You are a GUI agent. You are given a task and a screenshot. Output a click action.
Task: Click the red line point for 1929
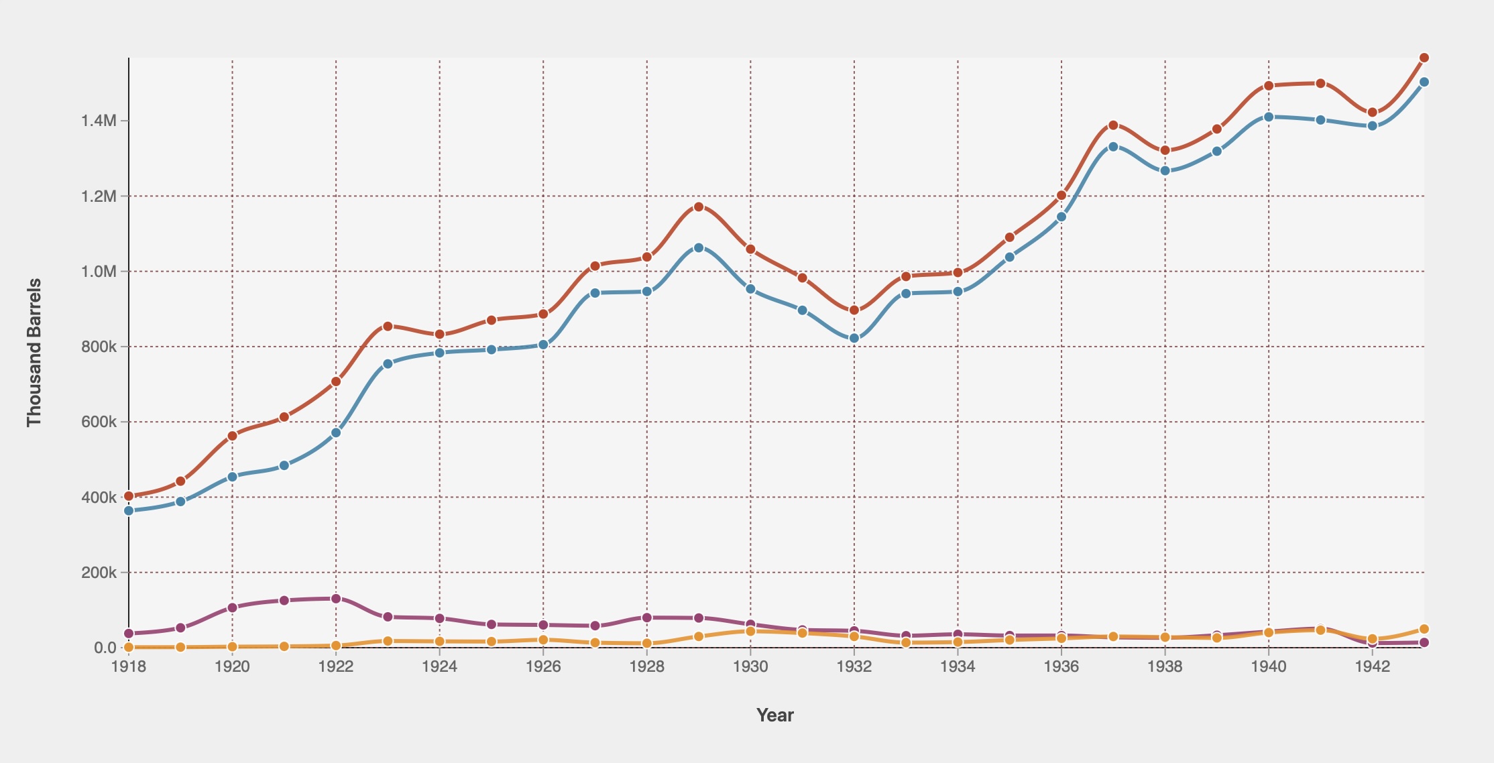coord(699,207)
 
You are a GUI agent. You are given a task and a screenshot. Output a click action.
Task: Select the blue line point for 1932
coord(854,338)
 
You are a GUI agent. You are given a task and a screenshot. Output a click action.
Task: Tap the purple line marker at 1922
coord(336,598)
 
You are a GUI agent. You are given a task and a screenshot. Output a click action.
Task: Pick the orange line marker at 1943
coord(1424,629)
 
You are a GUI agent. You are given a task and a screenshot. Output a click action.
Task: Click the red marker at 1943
coord(1424,58)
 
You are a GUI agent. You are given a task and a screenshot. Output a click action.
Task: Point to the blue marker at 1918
coord(129,510)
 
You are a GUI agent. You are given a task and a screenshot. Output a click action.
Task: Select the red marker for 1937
coord(1113,125)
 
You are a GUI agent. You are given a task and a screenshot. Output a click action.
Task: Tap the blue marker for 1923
coord(388,363)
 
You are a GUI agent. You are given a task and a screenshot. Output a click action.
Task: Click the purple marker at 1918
coord(129,634)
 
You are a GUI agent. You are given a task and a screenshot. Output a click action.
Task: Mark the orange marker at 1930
coord(750,631)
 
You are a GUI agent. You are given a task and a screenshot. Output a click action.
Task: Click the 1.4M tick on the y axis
coord(99,121)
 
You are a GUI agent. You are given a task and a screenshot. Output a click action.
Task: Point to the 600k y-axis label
coord(99,422)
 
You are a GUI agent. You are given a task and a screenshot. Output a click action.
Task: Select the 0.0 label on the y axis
coord(105,648)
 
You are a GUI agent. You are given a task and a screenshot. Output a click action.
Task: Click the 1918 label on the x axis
coord(129,666)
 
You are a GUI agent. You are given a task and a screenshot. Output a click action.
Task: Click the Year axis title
coord(775,715)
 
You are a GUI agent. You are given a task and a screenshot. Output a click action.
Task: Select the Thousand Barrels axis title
coord(34,352)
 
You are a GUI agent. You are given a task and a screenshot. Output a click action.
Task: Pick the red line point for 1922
coord(336,381)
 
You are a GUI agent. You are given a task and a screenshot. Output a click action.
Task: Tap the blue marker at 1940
coord(1269,117)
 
